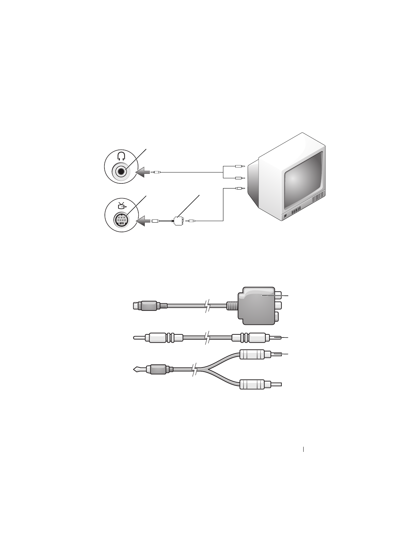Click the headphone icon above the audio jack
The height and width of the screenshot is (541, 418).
pos(121,156)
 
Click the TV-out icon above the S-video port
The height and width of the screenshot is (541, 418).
pos(121,205)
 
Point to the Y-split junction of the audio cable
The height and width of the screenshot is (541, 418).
pos(203,370)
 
